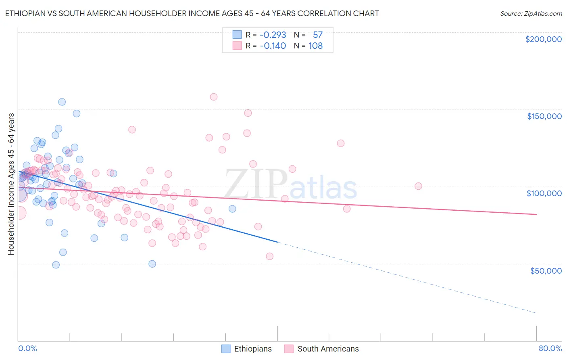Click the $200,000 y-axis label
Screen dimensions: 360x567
coord(543,39)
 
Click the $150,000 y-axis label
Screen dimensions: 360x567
coord(544,116)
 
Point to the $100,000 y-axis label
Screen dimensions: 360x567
coord(544,193)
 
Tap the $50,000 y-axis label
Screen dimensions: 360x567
coord(546,271)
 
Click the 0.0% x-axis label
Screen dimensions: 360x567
coord(27,348)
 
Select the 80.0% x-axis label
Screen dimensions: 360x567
coord(550,348)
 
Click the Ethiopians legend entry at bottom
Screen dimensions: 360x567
coord(247,349)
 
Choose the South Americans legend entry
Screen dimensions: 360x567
coord(321,349)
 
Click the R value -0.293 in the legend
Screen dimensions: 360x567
coord(273,35)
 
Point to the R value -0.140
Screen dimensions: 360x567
coord(273,46)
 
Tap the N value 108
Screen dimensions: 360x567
coord(315,46)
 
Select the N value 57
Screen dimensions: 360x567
coord(318,35)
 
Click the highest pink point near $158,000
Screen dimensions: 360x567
coord(214,97)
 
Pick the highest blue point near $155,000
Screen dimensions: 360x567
coord(62,102)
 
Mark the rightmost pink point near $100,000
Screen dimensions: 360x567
coord(418,186)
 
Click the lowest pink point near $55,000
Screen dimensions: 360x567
coord(270,256)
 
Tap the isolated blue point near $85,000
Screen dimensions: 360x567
coord(232,209)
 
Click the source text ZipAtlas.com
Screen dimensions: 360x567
coord(531,14)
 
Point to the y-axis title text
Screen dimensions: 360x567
coord(11,184)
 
